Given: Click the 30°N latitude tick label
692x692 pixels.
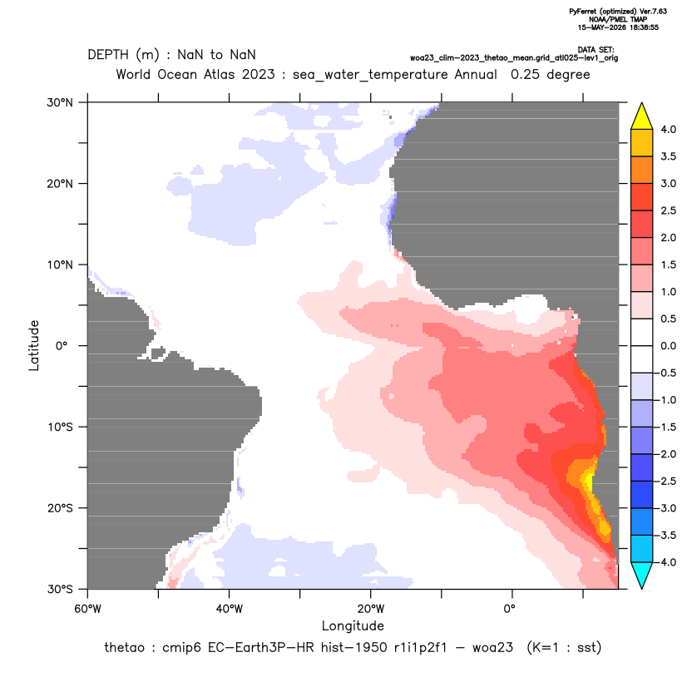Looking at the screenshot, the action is pyautogui.click(x=60, y=102).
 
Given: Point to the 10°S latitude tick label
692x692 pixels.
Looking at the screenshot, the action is pyautogui.click(x=60, y=428).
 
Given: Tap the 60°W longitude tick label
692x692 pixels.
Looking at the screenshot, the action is pyautogui.click(x=87, y=609).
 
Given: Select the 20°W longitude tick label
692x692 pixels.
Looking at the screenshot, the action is pyautogui.click(x=370, y=609).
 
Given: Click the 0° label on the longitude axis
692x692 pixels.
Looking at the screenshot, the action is pyautogui.click(x=509, y=609).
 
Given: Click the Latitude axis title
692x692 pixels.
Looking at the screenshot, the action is pyautogui.click(x=34, y=345).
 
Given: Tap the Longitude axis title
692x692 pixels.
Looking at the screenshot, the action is pyautogui.click(x=353, y=625).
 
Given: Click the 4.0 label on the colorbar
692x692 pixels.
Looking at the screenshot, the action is pyautogui.click(x=668, y=129).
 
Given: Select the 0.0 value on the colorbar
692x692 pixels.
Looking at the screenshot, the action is pyautogui.click(x=668, y=346).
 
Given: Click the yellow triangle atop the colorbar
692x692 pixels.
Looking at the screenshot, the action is pyautogui.click(x=642, y=116).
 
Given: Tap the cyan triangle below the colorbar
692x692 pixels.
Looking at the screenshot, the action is pyautogui.click(x=642, y=575).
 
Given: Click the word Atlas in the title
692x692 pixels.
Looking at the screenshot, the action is pyautogui.click(x=219, y=74).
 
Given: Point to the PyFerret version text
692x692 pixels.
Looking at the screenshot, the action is pyautogui.click(x=618, y=12).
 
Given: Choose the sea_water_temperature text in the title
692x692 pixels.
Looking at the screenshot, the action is pyautogui.click(x=370, y=75).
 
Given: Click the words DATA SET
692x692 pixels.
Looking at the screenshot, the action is pyautogui.click(x=596, y=50).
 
